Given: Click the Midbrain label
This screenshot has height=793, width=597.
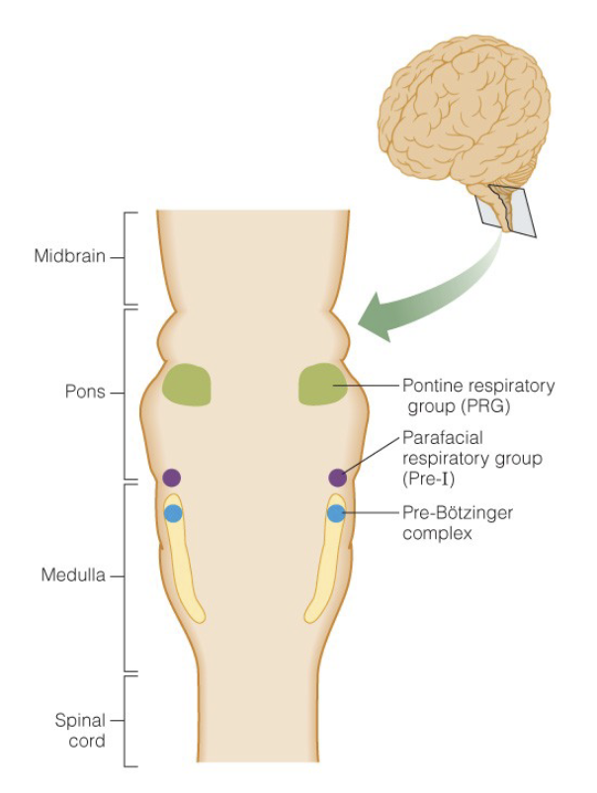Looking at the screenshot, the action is tap(70, 256).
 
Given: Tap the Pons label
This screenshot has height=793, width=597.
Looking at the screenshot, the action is tap(85, 392).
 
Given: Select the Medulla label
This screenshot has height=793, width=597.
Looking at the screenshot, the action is tap(73, 575).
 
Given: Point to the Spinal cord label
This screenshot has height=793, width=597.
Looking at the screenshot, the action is tap(80, 731).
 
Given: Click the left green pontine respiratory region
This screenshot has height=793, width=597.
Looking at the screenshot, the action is tap(186, 385).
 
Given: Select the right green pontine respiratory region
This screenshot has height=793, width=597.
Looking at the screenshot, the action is tap(322, 385).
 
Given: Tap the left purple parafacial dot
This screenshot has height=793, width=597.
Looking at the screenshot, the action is tap(171, 478).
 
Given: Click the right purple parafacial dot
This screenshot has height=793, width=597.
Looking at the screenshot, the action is tap(338, 478).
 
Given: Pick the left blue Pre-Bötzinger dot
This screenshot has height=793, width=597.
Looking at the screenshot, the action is tap(173, 513).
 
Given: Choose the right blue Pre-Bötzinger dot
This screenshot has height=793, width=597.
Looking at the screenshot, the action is tap(336, 513).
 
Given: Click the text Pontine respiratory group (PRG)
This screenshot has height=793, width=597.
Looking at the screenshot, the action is tap(478, 396).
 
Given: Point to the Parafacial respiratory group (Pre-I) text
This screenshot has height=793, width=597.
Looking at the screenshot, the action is tap(472, 458).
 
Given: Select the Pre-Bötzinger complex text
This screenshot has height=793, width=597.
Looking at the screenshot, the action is tap(458, 522).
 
